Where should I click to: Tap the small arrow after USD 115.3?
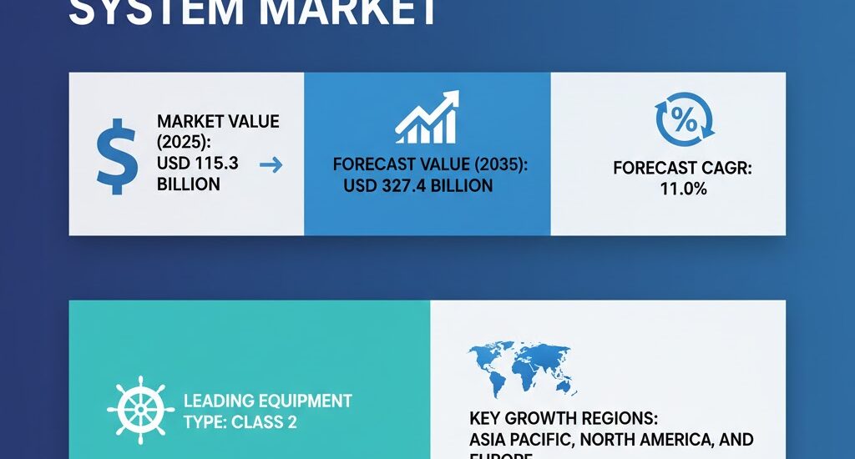pyautogui.click(x=271, y=165)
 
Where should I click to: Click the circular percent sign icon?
pyautogui.click(x=684, y=119)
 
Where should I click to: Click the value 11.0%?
pyautogui.click(x=683, y=189)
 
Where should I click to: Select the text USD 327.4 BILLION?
pyautogui.click(x=417, y=184)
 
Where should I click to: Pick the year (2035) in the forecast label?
pyautogui.click(x=496, y=164)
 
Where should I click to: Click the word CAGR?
pyautogui.click(x=725, y=168)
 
